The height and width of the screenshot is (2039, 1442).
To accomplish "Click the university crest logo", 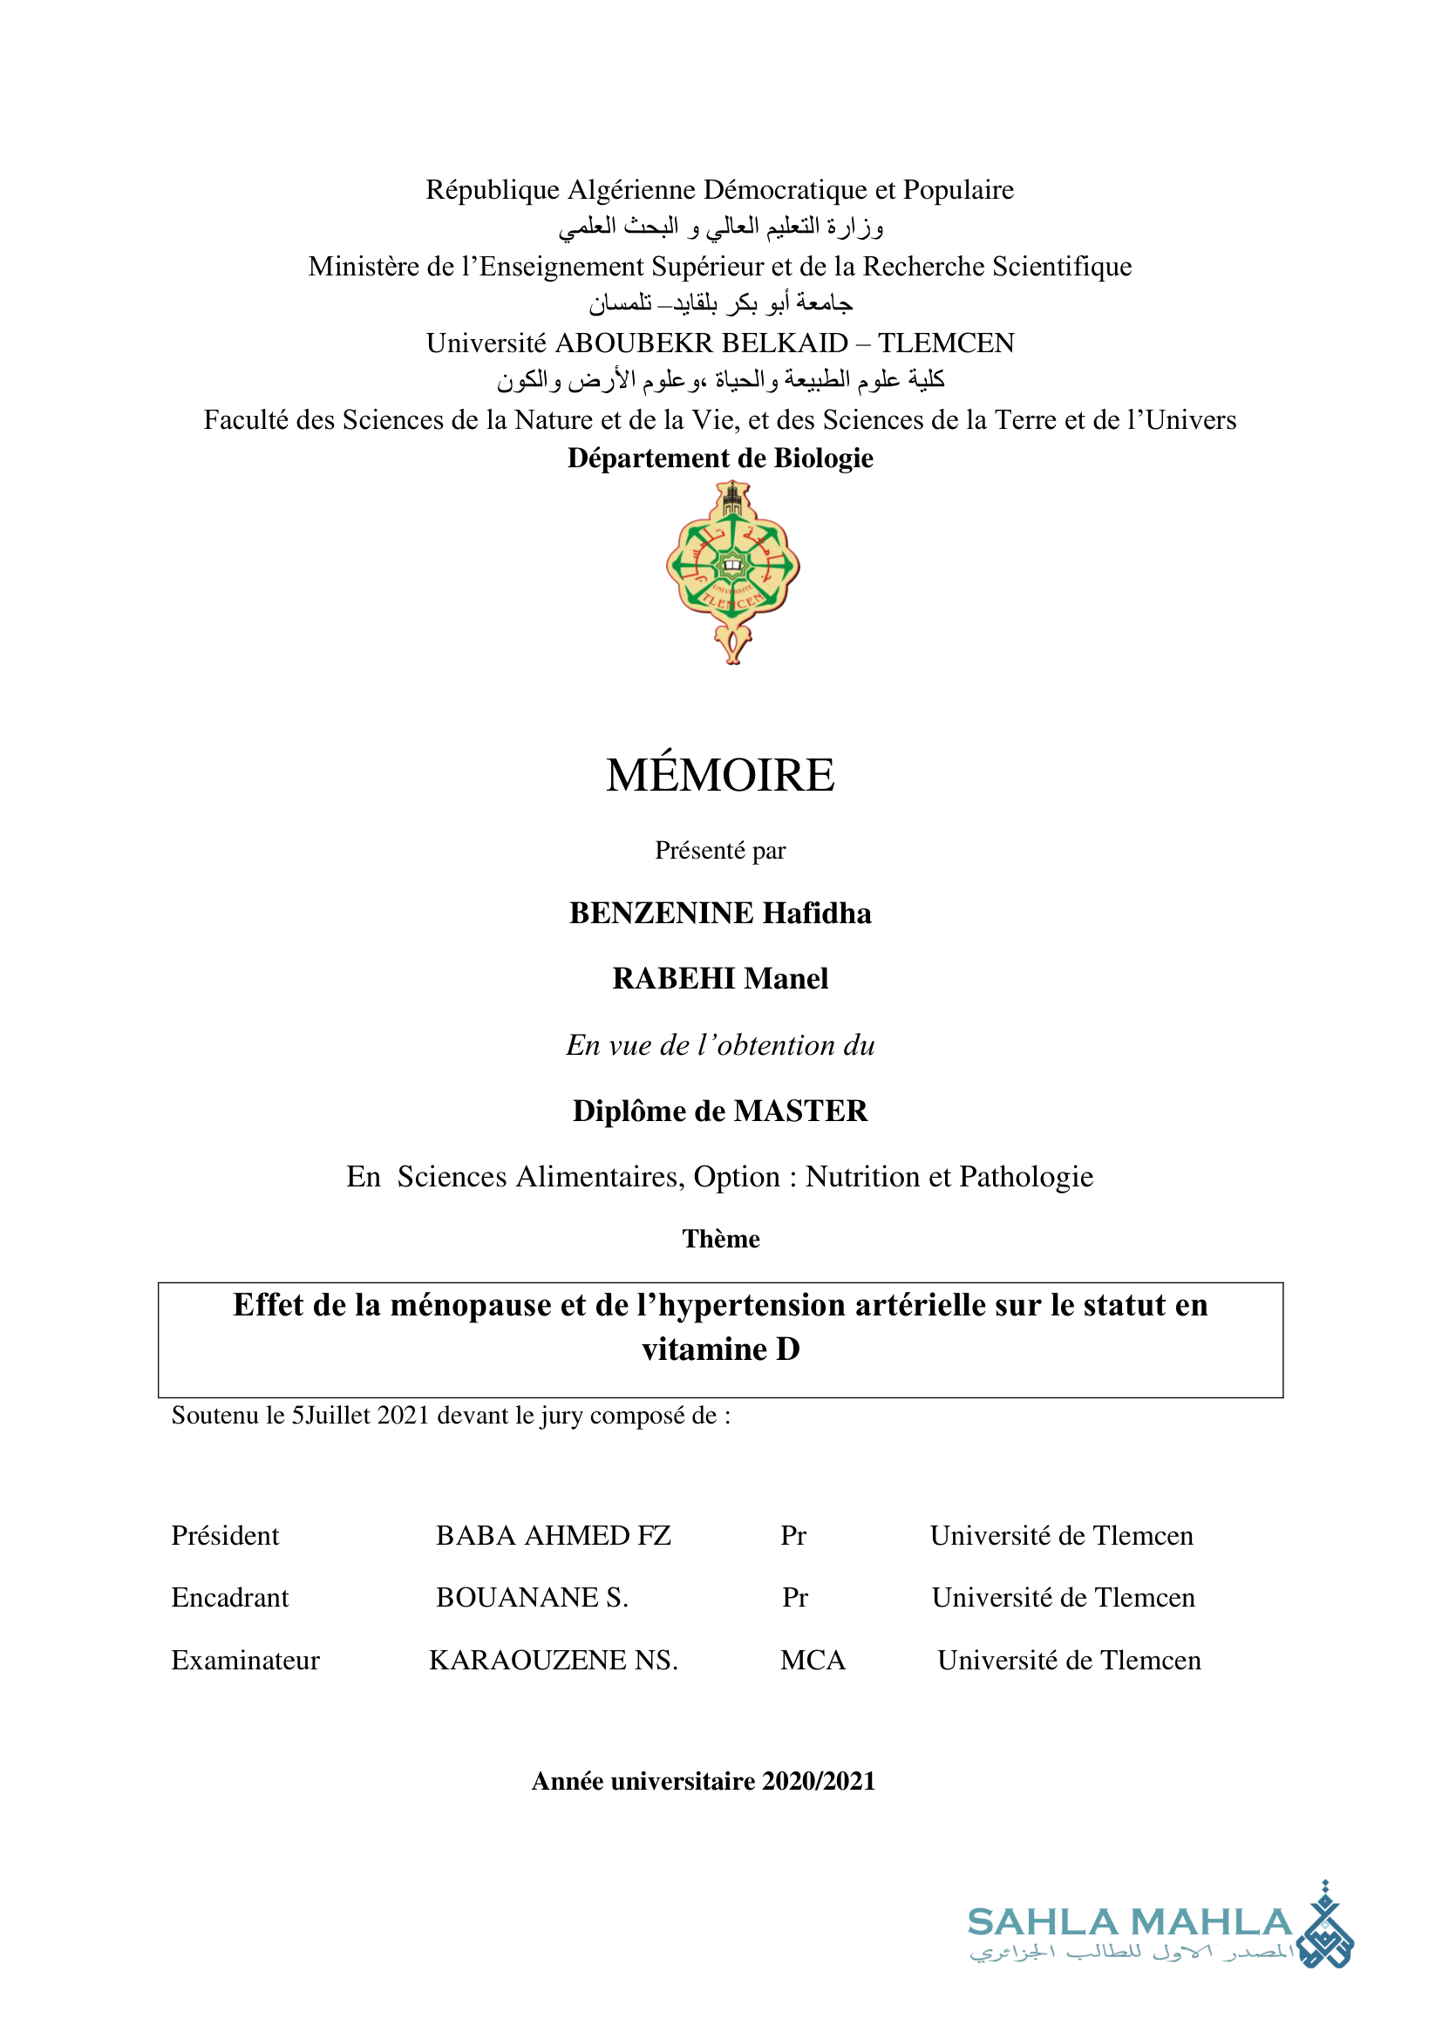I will pos(732,571).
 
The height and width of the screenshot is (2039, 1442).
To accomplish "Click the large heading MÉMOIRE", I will pos(720,774).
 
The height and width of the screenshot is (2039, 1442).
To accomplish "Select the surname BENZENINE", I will pos(661,913).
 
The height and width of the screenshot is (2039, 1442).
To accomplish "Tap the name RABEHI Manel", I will pos(720,979).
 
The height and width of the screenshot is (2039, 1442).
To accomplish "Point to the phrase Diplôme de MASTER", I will pos(720,1111).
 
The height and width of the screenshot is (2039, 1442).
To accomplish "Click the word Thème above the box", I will pos(720,1239).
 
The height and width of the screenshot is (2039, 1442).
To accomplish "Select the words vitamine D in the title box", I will pos(720,1349).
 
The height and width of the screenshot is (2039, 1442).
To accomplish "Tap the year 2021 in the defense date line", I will pos(403,1416).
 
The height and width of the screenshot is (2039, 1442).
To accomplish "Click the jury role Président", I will pos(225,1535).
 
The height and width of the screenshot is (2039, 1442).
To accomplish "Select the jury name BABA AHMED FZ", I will pos(554,1535).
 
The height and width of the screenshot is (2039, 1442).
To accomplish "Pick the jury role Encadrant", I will pos(230,1598).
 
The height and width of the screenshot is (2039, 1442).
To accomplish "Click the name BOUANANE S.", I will pos(532,1598).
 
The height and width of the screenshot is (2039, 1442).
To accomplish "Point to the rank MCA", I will pos(813,1661).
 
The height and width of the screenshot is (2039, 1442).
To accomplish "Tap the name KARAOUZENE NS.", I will pos(554,1661).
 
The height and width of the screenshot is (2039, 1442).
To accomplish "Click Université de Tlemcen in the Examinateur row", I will pos(1069,1661).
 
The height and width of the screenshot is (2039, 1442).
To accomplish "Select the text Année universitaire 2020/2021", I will pos(704,1782).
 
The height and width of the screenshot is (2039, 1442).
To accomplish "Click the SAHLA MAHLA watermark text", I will pos(1129,1923).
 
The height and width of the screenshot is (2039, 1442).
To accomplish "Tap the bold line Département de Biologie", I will pos(720,459).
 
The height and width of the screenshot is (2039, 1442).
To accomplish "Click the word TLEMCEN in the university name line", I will pos(947,343).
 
